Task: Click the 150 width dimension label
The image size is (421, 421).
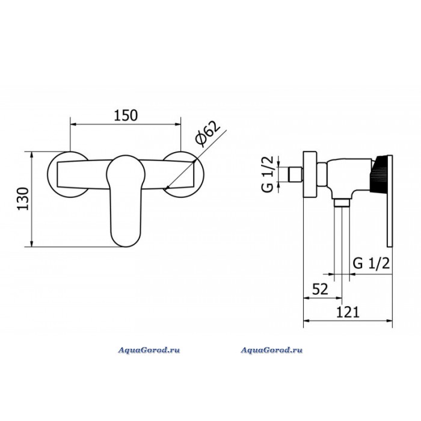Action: point(126,115)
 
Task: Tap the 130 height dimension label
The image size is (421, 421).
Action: point(23,199)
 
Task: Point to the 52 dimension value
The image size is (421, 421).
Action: point(320,289)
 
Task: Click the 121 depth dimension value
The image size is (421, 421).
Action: point(348,312)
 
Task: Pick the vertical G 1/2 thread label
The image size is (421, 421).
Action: point(267,174)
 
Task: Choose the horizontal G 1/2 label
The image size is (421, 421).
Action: point(371,263)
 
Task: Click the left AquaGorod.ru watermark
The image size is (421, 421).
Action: point(149,350)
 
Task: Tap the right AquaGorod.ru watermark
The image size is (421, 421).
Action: point(271,350)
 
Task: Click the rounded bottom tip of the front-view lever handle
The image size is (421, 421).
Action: point(126,246)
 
